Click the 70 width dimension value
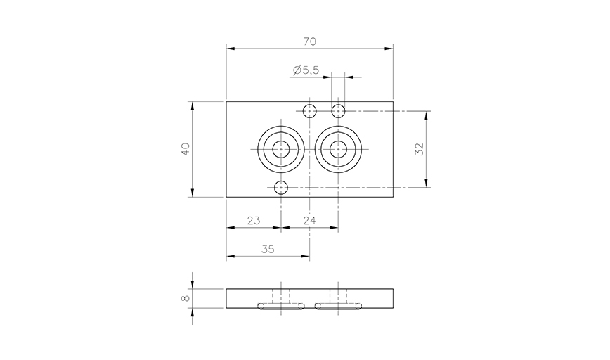coord(309,41)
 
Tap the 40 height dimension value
coord(186,150)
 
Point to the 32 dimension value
coord(420,149)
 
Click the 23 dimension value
coord(254,221)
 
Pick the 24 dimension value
coord(310,221)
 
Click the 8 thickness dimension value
coord(186,299)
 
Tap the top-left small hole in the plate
coord(309,110)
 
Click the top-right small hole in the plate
coord(339,110)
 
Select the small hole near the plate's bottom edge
coord(281,188)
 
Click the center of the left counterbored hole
coord(281,150)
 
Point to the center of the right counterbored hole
coord(339,150)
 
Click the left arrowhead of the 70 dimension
coord(230,49)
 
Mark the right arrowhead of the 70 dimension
coord(389,49)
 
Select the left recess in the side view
coord(281,306)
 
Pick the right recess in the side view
coord(339,306)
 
